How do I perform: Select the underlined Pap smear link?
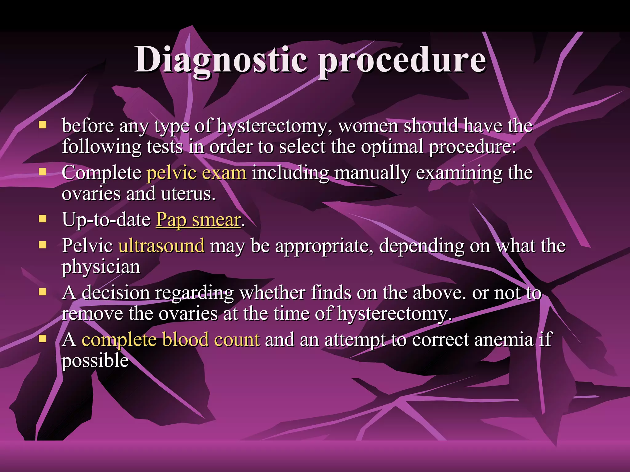pos(198,220)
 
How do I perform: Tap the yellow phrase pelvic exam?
pos(196,173)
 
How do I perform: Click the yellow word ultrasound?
pos(161,246)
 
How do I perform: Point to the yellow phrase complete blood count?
pos(171,340)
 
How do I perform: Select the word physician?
pos(101,267)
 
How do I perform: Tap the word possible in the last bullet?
pos(95,361)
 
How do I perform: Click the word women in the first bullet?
pos(368,126)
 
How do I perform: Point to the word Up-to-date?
pos(106,220)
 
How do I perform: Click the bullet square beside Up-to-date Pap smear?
pos(42,219)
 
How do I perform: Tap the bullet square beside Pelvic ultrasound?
pos(42,245)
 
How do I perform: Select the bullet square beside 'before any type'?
pos(42,125)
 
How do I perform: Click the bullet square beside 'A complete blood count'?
pos(42,339)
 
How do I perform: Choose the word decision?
pos(115,293)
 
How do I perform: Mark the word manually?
pos(372,173)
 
